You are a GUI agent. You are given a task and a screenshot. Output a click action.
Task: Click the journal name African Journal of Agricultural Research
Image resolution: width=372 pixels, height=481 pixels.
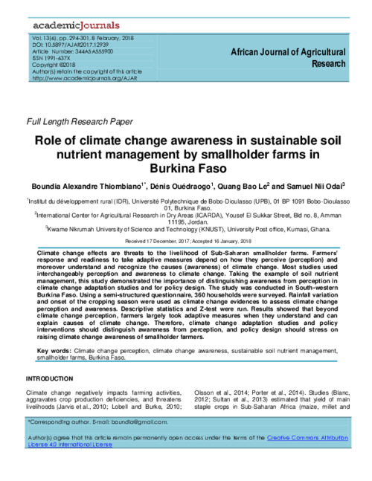click(288, 58)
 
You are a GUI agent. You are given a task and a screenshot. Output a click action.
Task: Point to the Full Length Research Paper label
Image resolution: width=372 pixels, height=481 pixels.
click(79, 121)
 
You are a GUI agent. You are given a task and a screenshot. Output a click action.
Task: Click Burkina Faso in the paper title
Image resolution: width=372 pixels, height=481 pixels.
click(186, 169)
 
